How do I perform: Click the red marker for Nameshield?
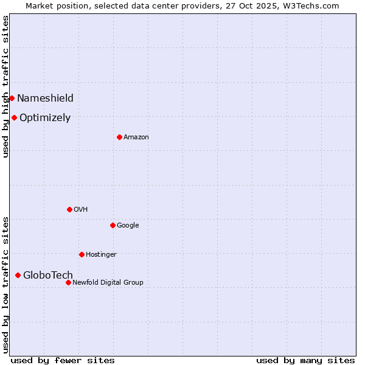point(12,98)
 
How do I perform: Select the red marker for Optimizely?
point(14,117)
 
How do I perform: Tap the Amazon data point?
point(119,137)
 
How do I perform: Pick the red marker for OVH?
point(69,209)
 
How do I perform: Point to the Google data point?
point(113,225)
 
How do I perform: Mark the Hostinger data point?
point(82,254)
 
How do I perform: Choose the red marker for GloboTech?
point(18,275)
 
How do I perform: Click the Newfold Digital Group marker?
point(68,282)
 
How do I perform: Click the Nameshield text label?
point(45,98)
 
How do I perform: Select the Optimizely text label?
point(45,117)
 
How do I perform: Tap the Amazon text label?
point(136,137)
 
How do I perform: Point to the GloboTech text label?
point(48,275)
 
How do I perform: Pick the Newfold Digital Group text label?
point(108,282)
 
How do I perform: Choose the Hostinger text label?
point(101,254)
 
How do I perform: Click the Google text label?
point(128,225)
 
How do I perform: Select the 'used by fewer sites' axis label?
point(63,360)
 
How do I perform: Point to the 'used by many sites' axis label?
point(305,360)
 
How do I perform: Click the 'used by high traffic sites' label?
point(5,87)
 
